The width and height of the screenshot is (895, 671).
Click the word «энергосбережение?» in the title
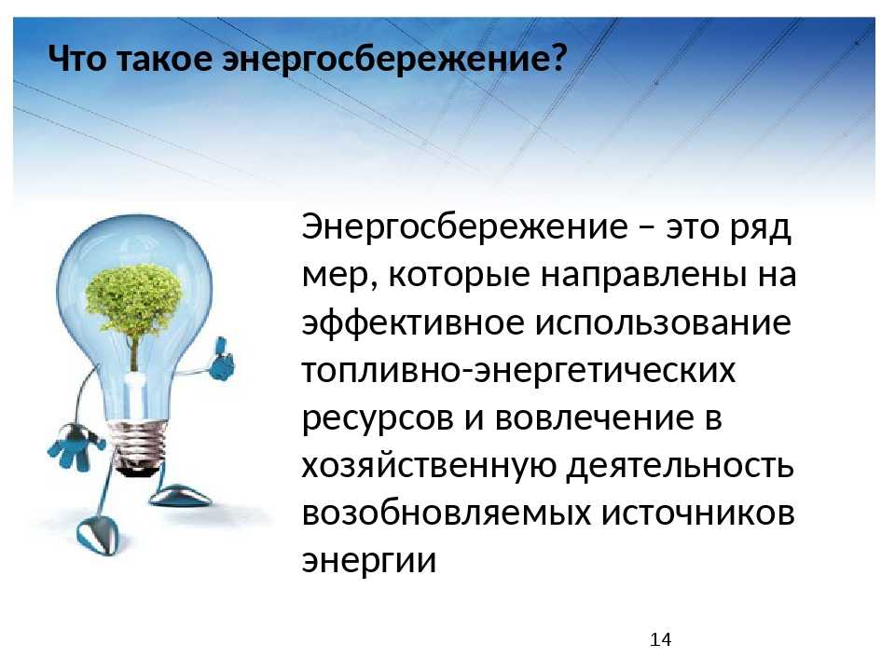(x=395, y=59)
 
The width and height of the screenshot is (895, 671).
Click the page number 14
(x=660, y=639)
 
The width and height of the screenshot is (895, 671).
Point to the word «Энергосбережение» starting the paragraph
(x=465, y=227)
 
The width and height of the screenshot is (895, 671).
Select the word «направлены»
(x=644, y=275)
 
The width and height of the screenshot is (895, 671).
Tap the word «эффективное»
(x=413, y=322)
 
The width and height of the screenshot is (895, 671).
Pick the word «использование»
(x=663, y=323)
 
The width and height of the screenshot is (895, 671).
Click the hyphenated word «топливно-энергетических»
(x=519, y=371)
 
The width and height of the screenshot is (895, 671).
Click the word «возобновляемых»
(x=447, y=513)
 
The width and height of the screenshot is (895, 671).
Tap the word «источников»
(x=698, y=514)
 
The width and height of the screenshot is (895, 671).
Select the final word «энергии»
(x=369, y=561)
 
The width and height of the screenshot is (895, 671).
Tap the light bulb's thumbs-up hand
(x=222, y=360)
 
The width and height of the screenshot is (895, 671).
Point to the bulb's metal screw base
(x=139, y=447)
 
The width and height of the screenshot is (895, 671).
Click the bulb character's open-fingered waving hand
(x=75, y=445)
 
